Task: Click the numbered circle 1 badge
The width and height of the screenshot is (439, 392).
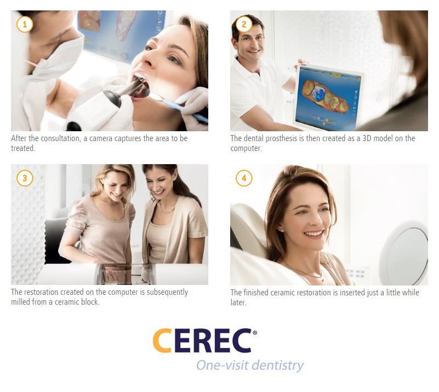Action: [x=25, y=24]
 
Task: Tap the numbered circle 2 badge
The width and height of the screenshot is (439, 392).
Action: [x=244, y=24]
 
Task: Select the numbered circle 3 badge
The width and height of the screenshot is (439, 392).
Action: [x=25, y=178]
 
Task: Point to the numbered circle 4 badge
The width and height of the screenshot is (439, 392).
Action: [x=244, y=178]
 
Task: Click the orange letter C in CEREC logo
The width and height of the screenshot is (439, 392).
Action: [x=162, y=340]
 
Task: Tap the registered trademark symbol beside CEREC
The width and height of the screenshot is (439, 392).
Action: [x=255, y=333]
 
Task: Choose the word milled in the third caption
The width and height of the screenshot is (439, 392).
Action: [x=20, y=302]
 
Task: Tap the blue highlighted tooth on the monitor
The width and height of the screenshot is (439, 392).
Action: [x=318, y=93]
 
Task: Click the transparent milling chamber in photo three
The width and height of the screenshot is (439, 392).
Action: [x=125, y=273]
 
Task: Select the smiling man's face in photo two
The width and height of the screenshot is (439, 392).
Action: [x=250, y=42]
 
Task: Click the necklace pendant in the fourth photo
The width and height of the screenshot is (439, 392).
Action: [x=322, y=279]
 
